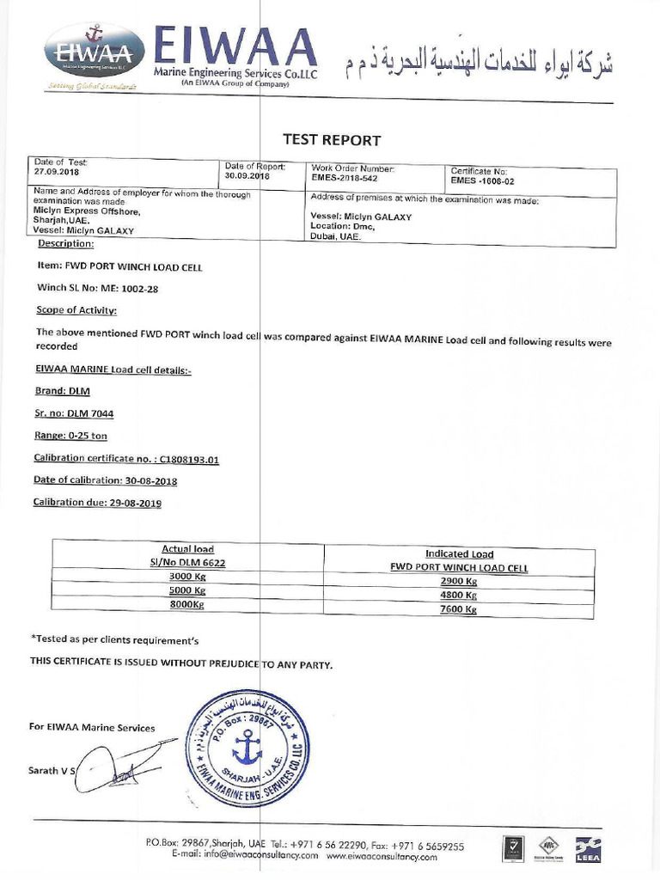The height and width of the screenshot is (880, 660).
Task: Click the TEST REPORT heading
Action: pyautogui.click(x=332, y=140)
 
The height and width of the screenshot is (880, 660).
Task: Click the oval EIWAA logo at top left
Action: pyautogui.click(x=94, y=51)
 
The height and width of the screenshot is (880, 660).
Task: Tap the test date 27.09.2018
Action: pyautogui.click(x=56, y=171)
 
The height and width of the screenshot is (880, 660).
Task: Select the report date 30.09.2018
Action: pyautogui.click(x=247, y=175)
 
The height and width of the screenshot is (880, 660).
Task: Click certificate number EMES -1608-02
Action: pyautogui.click(x=486, y=181)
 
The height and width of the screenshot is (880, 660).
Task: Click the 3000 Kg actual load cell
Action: pyautogui.click(x=188, y=577)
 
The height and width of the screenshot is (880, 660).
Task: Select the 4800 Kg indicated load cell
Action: pyautogui.click(x=458, y=594)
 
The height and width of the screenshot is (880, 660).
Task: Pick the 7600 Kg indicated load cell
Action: pyautogui.click(x=458, y=609)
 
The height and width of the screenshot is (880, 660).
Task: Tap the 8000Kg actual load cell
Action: pyautogui.click(x=188, y=604)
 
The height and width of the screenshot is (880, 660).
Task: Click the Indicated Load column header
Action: pyautogui.click(x=459, y=554)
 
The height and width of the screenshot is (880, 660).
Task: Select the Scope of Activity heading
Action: pyautogui.click(x=76, y=310)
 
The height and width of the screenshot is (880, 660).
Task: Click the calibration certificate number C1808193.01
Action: pyautogui.click(x=189, y=460)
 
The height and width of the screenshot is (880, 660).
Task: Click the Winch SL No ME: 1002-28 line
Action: pyautogui.click(x=97, y=289)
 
